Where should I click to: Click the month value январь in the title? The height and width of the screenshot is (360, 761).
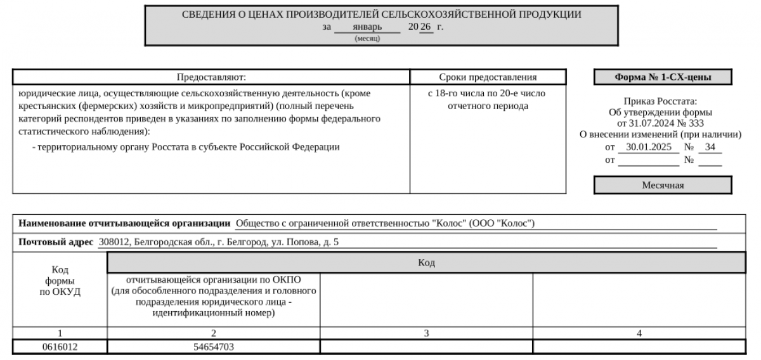(x=367, y=27)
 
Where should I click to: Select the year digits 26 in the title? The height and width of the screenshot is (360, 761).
(x=425, y=27)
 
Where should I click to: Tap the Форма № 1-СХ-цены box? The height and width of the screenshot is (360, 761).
(x=663, y=77)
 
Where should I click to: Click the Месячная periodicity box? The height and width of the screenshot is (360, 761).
(x=663, y=185)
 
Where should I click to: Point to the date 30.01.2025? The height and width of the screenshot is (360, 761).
(x=648, y=148)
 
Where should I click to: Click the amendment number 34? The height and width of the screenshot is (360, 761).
(x=710, y=148)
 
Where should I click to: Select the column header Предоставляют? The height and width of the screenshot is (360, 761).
(x=211, y=77)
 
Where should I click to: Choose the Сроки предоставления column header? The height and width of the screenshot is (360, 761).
(x=488, y=77)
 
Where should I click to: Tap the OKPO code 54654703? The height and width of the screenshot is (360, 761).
(x=214, y=347)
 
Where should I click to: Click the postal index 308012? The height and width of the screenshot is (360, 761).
(x=112, y=242)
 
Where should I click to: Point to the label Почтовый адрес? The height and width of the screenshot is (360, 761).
(x=56, y=242)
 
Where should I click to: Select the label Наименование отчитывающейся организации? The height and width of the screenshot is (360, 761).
(x=124, y=223)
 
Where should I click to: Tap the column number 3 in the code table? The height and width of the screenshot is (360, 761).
(x=426, y=333)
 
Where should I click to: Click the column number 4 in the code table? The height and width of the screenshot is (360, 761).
(x=639, y=333)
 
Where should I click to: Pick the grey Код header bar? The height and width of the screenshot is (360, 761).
(x=426, y=262)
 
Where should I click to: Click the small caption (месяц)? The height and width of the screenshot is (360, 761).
(x=367, y=39)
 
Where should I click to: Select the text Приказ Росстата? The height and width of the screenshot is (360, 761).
(x=660, y=101)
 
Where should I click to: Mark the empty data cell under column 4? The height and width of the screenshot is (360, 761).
(x=639, y=347)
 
